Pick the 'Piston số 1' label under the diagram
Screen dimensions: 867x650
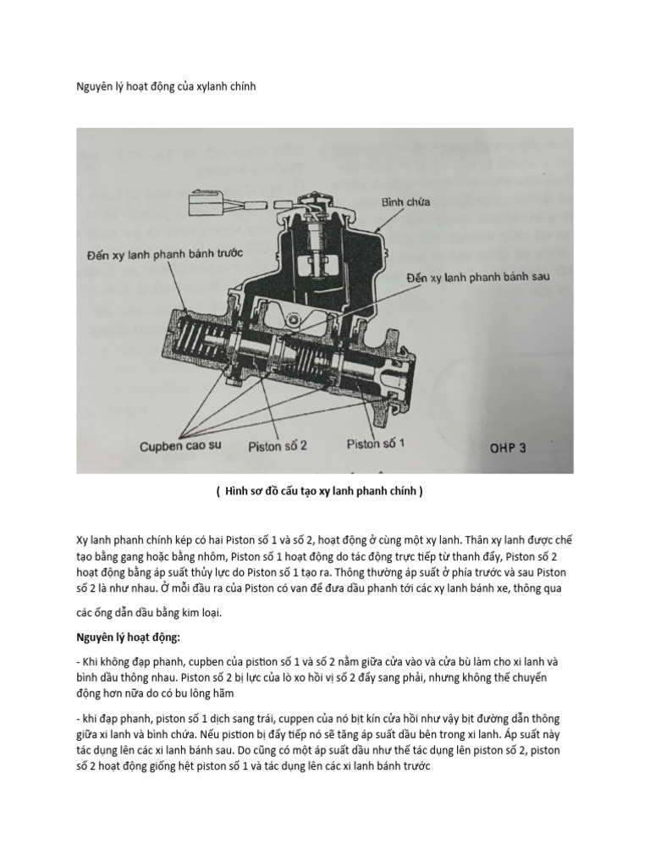coord(377,444)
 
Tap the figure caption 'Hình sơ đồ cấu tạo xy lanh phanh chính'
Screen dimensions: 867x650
coord(325,490)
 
